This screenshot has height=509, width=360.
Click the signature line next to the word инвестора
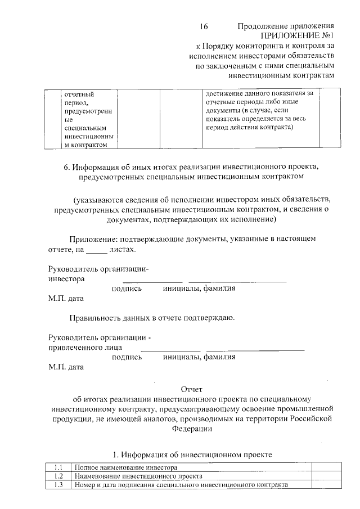click(152, 280)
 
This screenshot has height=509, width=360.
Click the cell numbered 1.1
click(58, 467)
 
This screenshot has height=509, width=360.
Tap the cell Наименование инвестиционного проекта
click(138, 476)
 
